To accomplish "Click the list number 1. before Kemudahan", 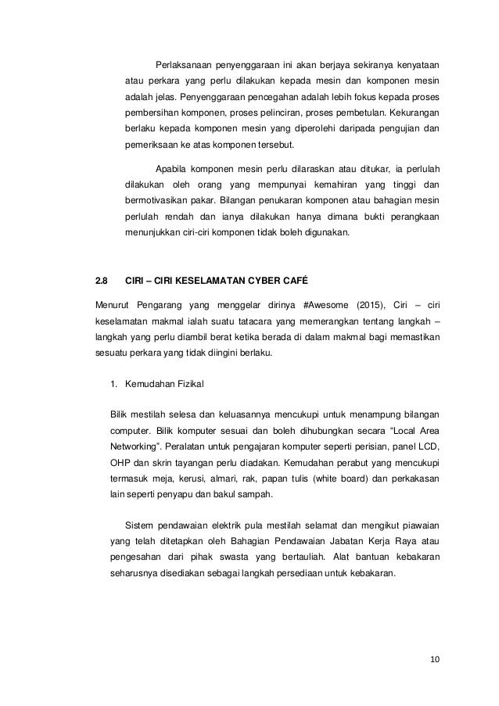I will tap(113, 384).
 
